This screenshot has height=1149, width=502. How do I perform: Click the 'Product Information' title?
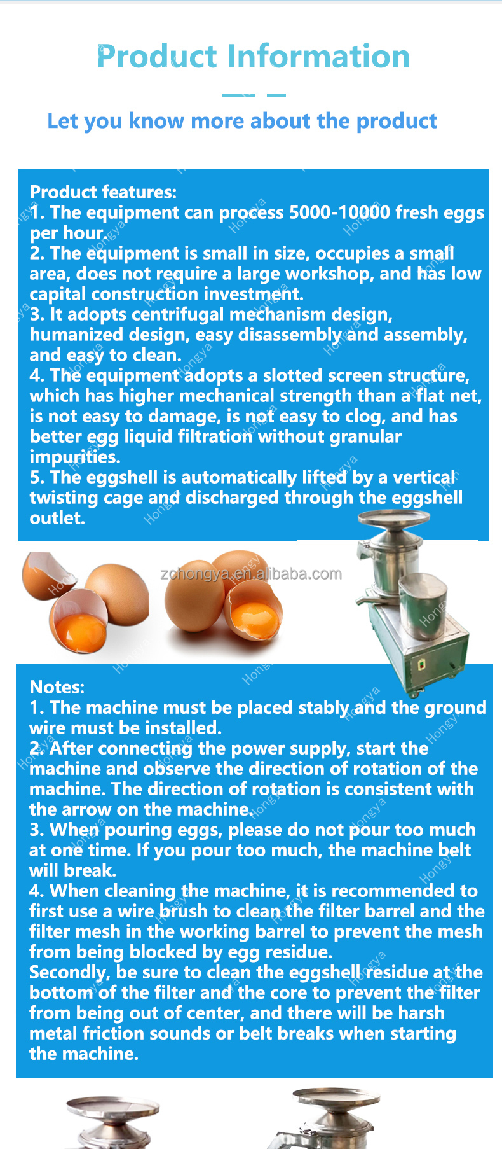point(253,56)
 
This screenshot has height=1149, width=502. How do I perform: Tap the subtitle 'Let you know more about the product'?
point(242,121)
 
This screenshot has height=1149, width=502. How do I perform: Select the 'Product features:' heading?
point(103,192)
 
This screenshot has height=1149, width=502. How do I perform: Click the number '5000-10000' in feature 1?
point(339,212)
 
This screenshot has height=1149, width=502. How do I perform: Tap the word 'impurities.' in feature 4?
point(75,457)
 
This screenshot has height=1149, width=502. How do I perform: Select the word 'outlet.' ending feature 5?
point(57,518)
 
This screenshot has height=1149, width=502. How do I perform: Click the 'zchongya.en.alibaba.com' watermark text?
point(252,574)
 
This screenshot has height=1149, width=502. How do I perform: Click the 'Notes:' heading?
point(57,687)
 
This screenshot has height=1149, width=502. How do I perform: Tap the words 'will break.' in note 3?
point(72,870)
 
